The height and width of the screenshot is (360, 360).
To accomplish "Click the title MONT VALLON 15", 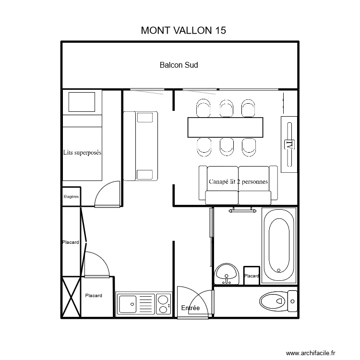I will (183, 30).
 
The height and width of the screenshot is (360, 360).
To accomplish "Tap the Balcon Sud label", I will (179, 65).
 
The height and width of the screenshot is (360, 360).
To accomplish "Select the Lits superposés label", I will (82, 153).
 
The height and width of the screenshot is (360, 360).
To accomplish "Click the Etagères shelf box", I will (72, 196).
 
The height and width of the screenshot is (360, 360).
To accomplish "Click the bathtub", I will (279, 244).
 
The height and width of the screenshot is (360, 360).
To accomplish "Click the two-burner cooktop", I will (164, 304).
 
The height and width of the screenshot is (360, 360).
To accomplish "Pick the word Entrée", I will (191, 308).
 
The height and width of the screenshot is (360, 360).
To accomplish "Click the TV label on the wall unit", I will (289, 144).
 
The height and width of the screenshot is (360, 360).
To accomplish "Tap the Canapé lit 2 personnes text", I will (238, 181).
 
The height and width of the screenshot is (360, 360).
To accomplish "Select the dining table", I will (226, 127).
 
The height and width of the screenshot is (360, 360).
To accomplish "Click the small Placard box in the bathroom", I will (252, 276).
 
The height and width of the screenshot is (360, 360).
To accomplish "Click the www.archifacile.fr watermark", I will (312, 353).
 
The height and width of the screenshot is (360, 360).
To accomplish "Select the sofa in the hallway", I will (140, 146).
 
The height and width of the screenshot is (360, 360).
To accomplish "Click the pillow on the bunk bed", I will (82, 102).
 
